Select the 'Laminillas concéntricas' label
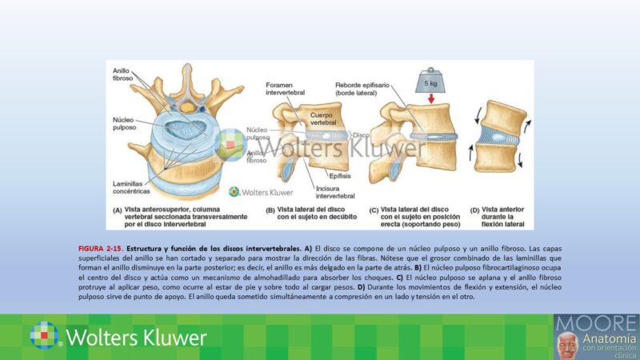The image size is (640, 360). coord(131,187)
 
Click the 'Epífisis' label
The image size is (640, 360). coord(338,173)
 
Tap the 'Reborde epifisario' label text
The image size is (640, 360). coord(364,89)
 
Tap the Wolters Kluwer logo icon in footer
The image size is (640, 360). coord(44,335)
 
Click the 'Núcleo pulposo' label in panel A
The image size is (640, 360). coord(129,124)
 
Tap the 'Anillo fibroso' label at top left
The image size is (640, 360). coord(124,74)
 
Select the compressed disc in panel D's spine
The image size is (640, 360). coord(497,137)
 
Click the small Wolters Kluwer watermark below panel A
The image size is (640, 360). coord(261,192)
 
